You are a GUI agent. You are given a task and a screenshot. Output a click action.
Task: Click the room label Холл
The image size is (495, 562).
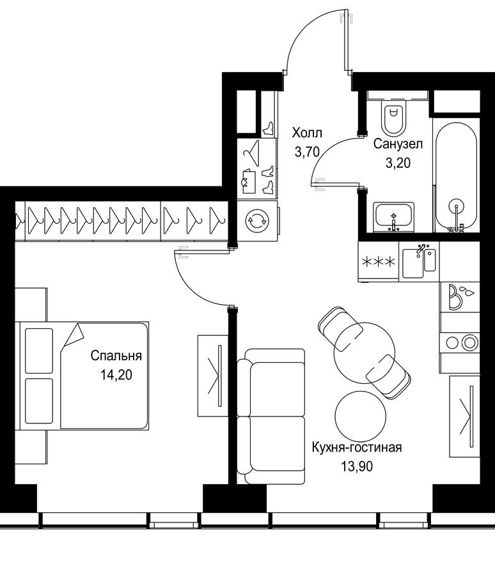pos(308,133)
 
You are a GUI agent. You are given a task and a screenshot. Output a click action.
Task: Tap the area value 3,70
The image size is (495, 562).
pos(308,151)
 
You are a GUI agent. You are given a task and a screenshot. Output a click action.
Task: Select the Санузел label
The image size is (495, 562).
pos(398,144)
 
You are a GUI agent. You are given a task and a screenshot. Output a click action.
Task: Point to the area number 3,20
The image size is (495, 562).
pos(397,162)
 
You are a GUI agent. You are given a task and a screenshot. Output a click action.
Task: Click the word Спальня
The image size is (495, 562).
pos(116,356)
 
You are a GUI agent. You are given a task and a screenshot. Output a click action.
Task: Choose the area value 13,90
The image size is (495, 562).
pos(356,466)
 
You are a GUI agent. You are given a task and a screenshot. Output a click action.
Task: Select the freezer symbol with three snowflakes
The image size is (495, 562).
pos(379,262)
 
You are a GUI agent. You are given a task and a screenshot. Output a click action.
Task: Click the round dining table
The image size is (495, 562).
pos(363,349)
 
